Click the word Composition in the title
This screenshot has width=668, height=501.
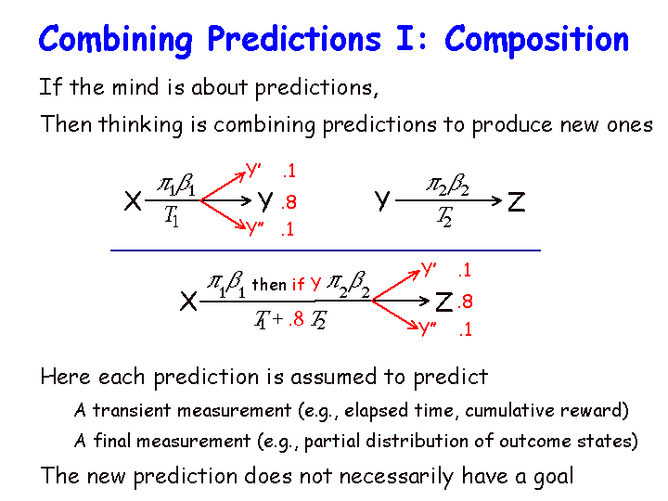pyautogui.click(x=537, y=40)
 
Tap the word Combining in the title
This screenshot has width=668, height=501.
pyautogui.click(x=116, y=40)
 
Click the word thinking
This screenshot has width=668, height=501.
pyautogui.click(x=141, y=125)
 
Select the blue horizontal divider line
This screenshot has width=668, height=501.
pyautogui.click(x=326, y=250)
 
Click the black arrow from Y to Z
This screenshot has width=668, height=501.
pyautogui.click(x=449, y=200)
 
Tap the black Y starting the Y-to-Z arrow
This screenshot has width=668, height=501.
pyautogui.click(x=382, y=201)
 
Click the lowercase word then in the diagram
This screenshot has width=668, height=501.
pyautogui.click(x=269, y=285)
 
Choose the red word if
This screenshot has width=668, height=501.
pyautogui.click(x=298, y=284)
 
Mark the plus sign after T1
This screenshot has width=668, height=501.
pyautogui.click(x=277, y=318)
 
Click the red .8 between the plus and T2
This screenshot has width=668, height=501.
pyautogui.click(x=297, y=318)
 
